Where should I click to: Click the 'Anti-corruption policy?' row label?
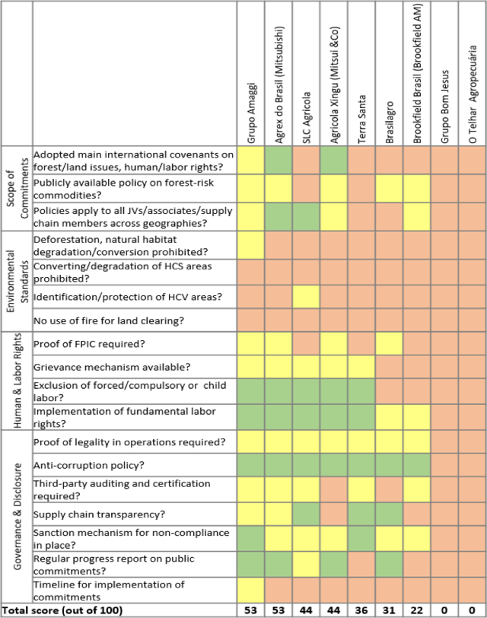(90, 464)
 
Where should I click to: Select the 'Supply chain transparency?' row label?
(100, 514)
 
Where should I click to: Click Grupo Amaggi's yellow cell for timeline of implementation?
(250, 588)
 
